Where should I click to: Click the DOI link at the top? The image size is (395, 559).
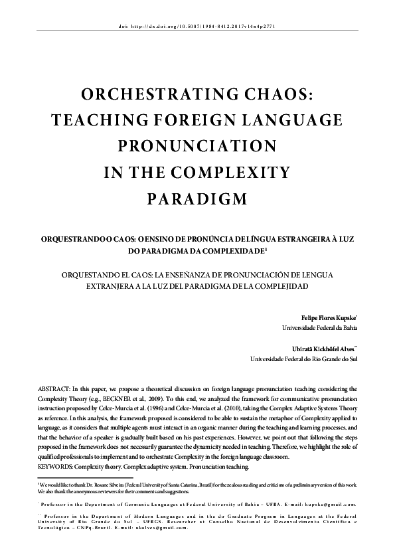197,27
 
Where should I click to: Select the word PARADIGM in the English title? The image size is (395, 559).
197,199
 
